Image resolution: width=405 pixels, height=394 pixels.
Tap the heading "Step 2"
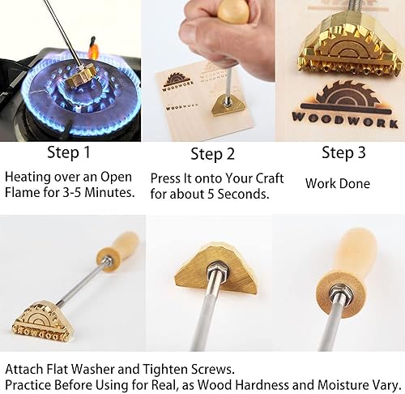tap(212, 154)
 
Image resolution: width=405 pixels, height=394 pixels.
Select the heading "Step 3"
tap(343, 152)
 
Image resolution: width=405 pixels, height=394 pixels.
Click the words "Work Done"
tap(338, 184)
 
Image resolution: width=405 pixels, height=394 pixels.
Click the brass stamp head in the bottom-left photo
tap(42, 319)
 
